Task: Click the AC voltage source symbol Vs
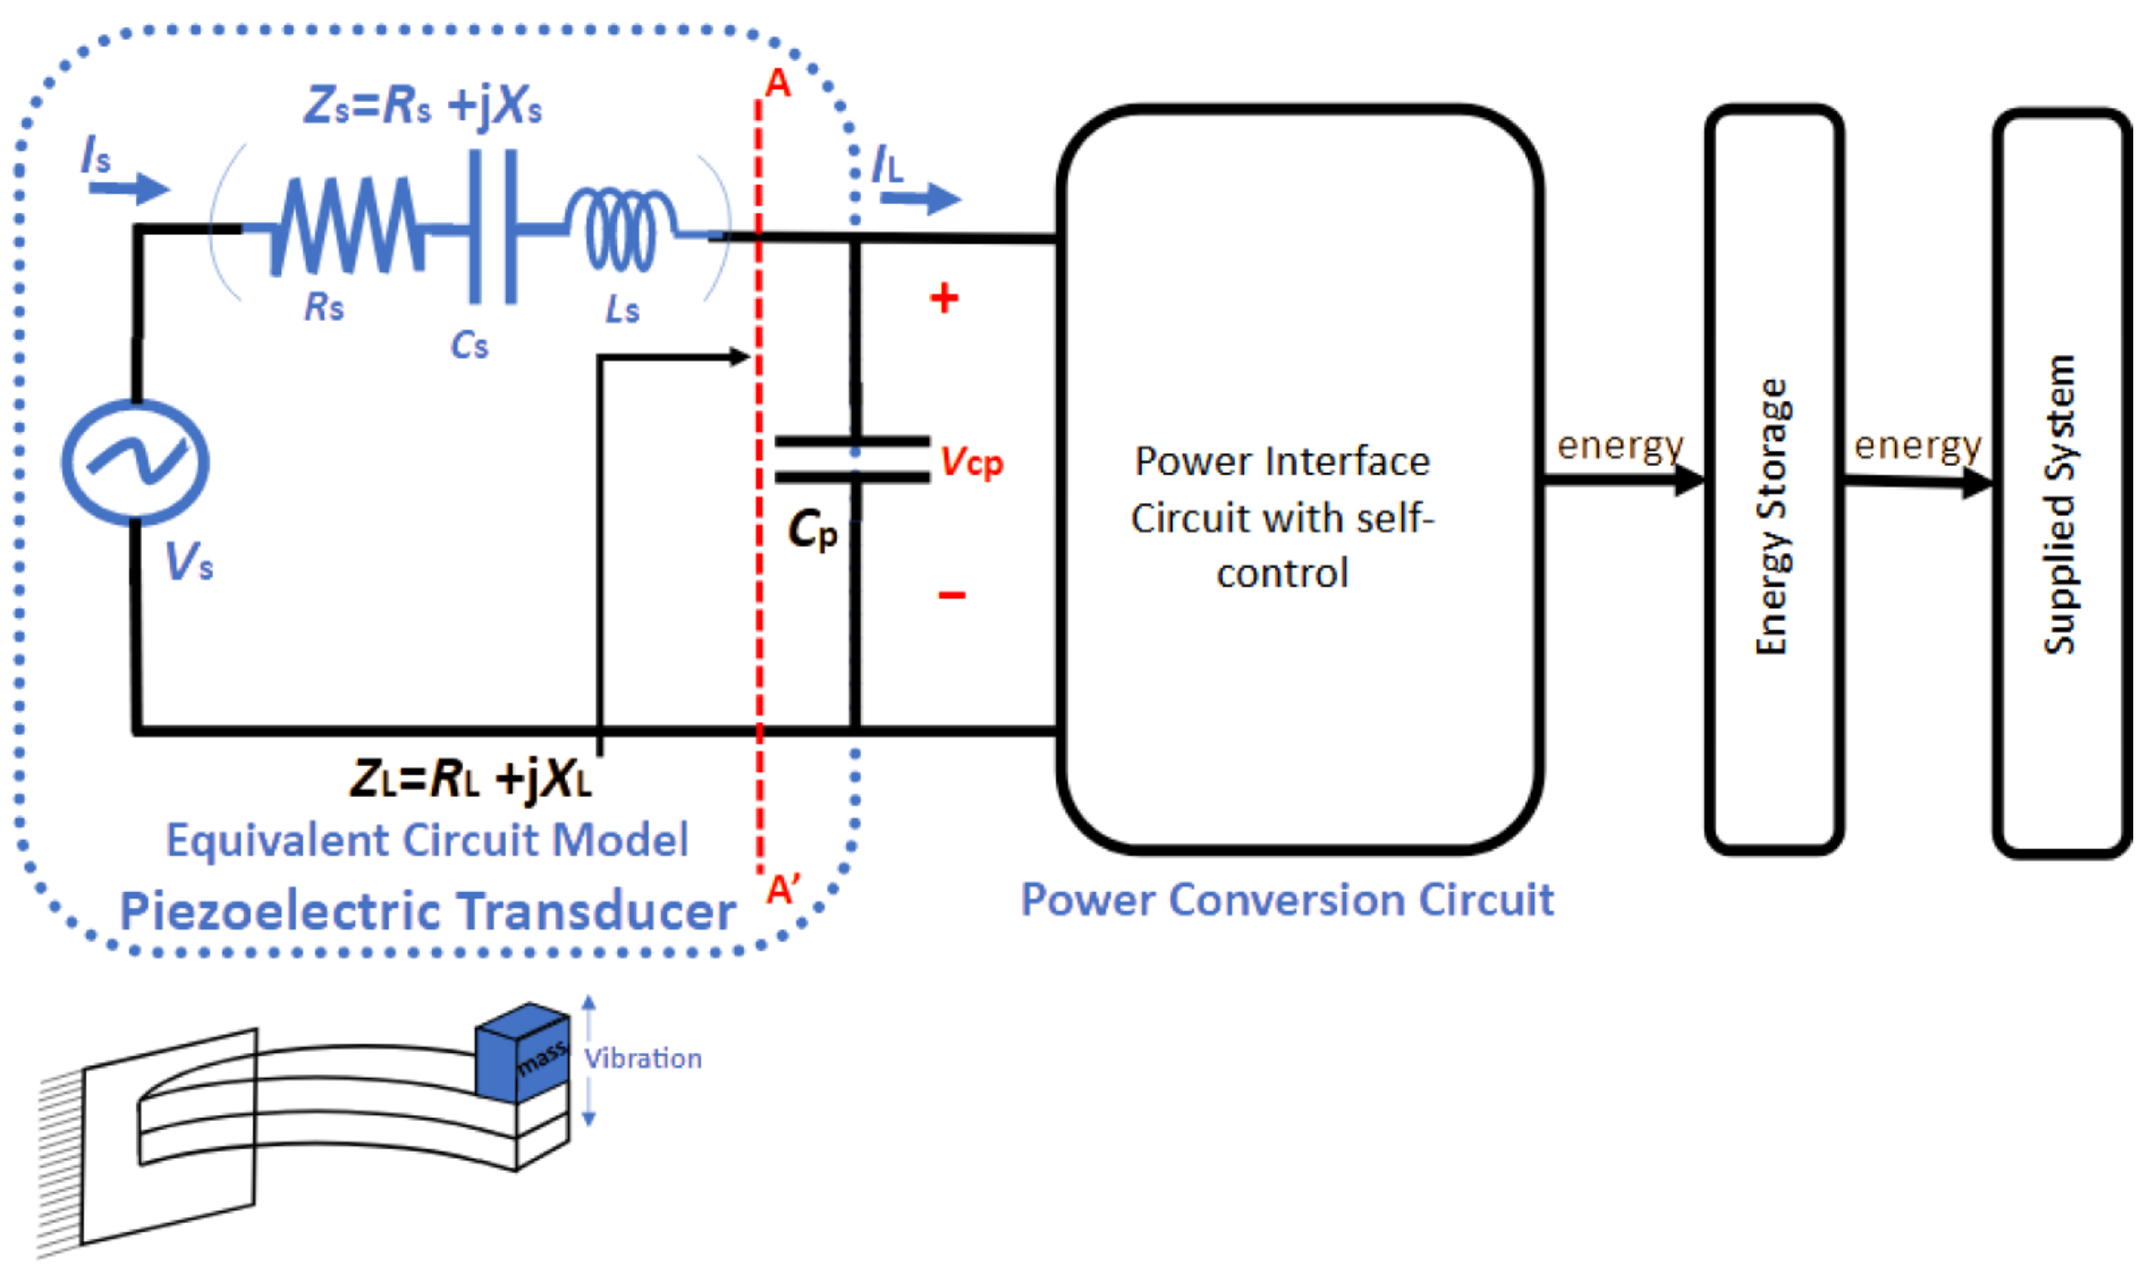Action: (x=135, y=462)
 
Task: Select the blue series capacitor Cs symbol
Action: (x=493, y=227)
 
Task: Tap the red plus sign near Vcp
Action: (x=944, y=298)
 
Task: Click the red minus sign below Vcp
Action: (x=951, y=594)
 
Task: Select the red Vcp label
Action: (x=971, y=463)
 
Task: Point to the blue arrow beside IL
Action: (x=921, y=199)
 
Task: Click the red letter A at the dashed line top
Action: (x=778, y=84)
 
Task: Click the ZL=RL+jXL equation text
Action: (x=470, y=779)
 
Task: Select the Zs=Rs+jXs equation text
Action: (x=422, y=107)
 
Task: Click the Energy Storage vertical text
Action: (x=1772, y=517)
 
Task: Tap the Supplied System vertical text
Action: (x=2059, y=505)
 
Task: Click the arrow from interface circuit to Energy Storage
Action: (x=1623, y=479)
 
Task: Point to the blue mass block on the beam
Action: (x=523, y=1052)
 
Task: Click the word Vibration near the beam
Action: (x=644, y=1059)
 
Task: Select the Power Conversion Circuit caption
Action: (x=1286, y=900)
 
